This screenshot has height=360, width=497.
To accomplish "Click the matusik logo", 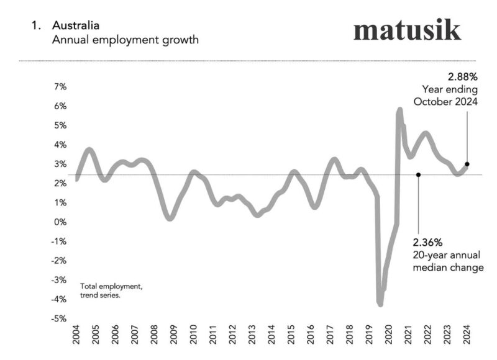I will click(x=407, y=30).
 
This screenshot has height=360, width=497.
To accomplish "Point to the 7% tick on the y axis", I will click(x=59, y=87).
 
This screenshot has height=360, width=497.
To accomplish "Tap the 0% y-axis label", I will click(x=59, y=222).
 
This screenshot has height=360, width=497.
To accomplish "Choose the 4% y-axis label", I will click(x=59, y=145).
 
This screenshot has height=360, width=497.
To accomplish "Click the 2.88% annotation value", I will click(x=462, y=78).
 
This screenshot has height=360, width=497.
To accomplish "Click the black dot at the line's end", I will click(x=467, y=164).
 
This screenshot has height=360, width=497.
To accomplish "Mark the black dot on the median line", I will click(x=418, y=175).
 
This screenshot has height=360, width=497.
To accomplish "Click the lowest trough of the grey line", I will click(x=380, y=304).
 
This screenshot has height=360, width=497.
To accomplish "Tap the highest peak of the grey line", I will click(x=399, y=110).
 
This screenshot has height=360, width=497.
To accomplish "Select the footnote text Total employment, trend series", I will click(x=112, y=290).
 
